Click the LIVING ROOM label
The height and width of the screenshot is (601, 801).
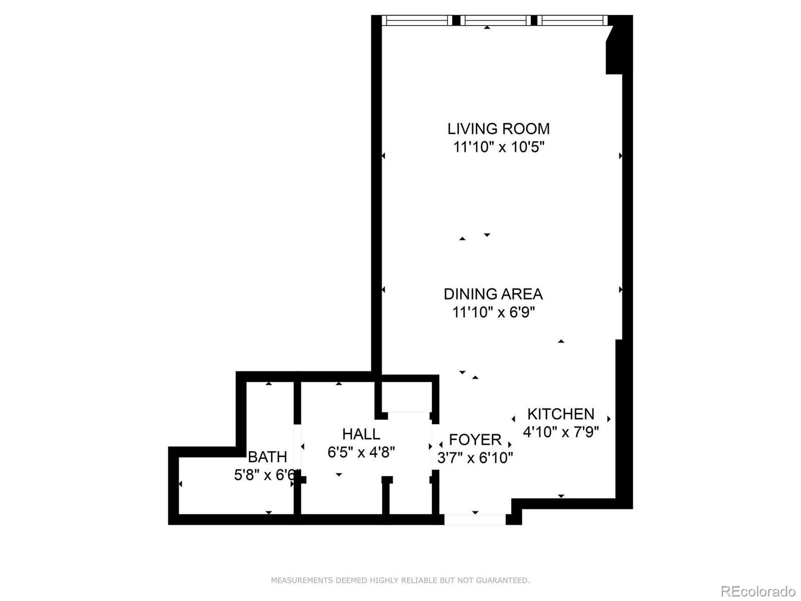[x=498, y=129]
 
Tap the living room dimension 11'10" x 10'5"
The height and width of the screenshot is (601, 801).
[x=498, y=147]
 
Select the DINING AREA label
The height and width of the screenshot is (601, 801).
[x=493, y=294]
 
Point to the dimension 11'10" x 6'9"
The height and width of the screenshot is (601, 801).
[x=494, y=313]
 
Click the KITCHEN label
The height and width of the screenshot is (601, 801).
[x=561, y=414]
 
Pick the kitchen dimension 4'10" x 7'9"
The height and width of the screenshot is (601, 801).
[x=561, y=432]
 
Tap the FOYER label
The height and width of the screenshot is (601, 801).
[x=475, y=440]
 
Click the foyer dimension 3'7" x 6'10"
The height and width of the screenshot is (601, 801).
[x=475, y=458]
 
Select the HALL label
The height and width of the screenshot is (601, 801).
[x=361, y=434]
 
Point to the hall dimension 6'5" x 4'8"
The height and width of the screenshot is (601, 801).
[x=361, y=452]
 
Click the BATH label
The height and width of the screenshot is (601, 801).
[x=267, y=457]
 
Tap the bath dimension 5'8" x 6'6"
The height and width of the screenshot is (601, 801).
[x=266, y=475]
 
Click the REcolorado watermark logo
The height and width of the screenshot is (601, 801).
[x=757, y=591]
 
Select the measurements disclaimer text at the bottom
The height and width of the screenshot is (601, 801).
[x=400, y=580]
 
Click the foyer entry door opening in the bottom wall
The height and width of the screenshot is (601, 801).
[x=475, y=519]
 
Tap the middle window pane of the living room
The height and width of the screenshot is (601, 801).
[x=496, y=21]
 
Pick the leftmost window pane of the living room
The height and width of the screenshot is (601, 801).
[x=417, y=21]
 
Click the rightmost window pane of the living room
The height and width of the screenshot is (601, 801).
[x=572, y=21]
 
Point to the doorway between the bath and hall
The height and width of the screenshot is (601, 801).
[x=297, y=449]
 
